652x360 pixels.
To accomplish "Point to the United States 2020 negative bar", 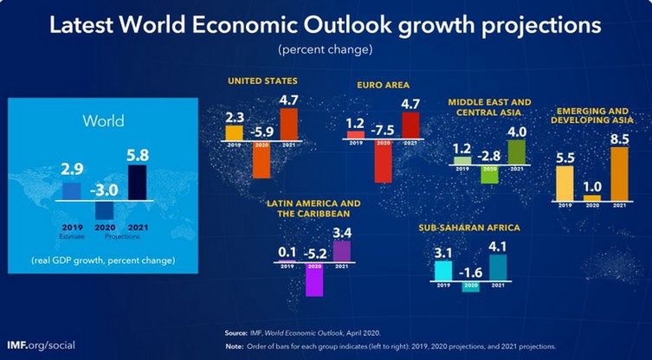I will click(261, 160).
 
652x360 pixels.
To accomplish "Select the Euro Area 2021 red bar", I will click(410, 124).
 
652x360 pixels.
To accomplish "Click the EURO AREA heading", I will click(383, 86).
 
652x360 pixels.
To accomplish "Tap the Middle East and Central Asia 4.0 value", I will click(517, 132).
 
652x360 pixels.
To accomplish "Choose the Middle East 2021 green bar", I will click(517, 151).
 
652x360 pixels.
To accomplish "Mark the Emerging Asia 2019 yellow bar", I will click(565, 183).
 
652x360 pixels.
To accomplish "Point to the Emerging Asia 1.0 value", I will click(592, 186).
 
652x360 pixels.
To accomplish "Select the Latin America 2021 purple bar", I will click(341, 250).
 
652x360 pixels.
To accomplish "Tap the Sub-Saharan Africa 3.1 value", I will click(444, 252).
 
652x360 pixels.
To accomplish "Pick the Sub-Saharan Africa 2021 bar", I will click(499, 267).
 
